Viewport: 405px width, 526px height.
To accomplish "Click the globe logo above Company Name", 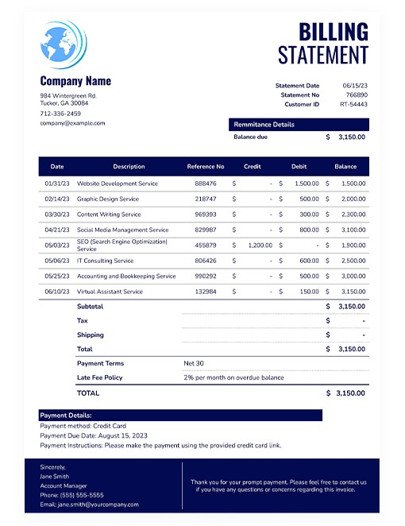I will coord(64,44).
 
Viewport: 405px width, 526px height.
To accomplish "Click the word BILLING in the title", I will coord(334,32).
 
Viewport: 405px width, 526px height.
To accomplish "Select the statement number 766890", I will coord(357,95).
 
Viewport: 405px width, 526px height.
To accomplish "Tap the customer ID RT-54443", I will coord(354,105).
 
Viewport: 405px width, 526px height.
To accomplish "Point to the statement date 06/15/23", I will coord(355,86).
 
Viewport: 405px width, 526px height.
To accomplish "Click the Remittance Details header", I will coord(264,125).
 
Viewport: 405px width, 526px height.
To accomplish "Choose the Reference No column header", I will coord(206,167).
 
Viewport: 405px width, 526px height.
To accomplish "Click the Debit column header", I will coord(299,167).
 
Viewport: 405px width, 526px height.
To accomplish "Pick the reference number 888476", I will coord(206,184).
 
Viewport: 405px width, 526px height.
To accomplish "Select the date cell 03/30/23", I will coord(57,215).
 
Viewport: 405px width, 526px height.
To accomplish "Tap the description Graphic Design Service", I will coord(108,199).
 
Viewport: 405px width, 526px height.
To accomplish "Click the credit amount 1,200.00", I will coord(260,246).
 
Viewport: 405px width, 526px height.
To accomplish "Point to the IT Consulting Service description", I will coord(106,261).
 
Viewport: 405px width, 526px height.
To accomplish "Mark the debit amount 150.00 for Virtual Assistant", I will coord(309,292).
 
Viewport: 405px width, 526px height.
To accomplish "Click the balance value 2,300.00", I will coord(353,215).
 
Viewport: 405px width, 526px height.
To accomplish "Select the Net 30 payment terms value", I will coord(195,363).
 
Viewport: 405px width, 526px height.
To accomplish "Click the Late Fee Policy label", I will coord(100,377).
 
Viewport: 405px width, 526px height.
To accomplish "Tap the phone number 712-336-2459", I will coord(60,114).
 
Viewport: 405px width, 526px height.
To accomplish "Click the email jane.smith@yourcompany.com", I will coord(89,505).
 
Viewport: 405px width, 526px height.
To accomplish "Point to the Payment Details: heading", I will coord(66,416).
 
